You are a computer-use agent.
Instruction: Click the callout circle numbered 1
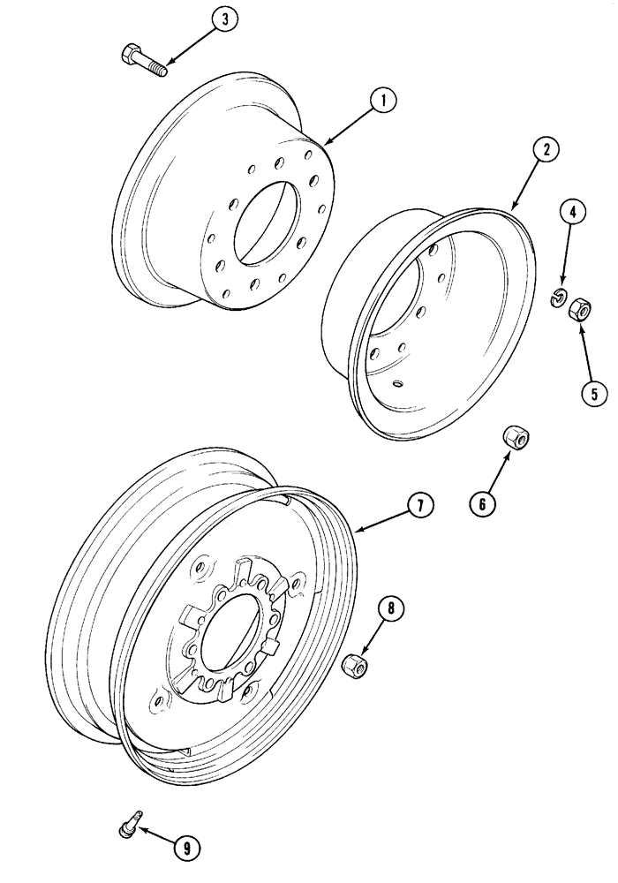[382, 102]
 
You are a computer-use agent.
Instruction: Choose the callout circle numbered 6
[482, 503]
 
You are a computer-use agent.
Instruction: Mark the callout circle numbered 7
[420, 505]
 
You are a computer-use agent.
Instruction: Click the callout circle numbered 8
[391, 608]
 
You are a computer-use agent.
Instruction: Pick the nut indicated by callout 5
[581, 309]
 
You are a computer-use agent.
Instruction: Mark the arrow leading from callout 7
[380, 520]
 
